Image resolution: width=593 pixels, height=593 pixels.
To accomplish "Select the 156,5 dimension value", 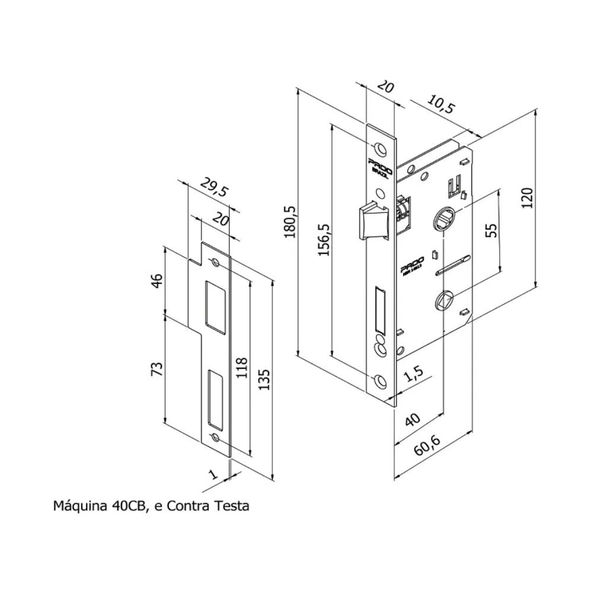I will (324, 240).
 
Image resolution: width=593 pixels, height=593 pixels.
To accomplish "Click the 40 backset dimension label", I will (413, 420).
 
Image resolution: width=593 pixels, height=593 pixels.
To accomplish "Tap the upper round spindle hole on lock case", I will (446, 218).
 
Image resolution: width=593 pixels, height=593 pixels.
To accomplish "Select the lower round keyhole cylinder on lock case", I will (442, 300).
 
